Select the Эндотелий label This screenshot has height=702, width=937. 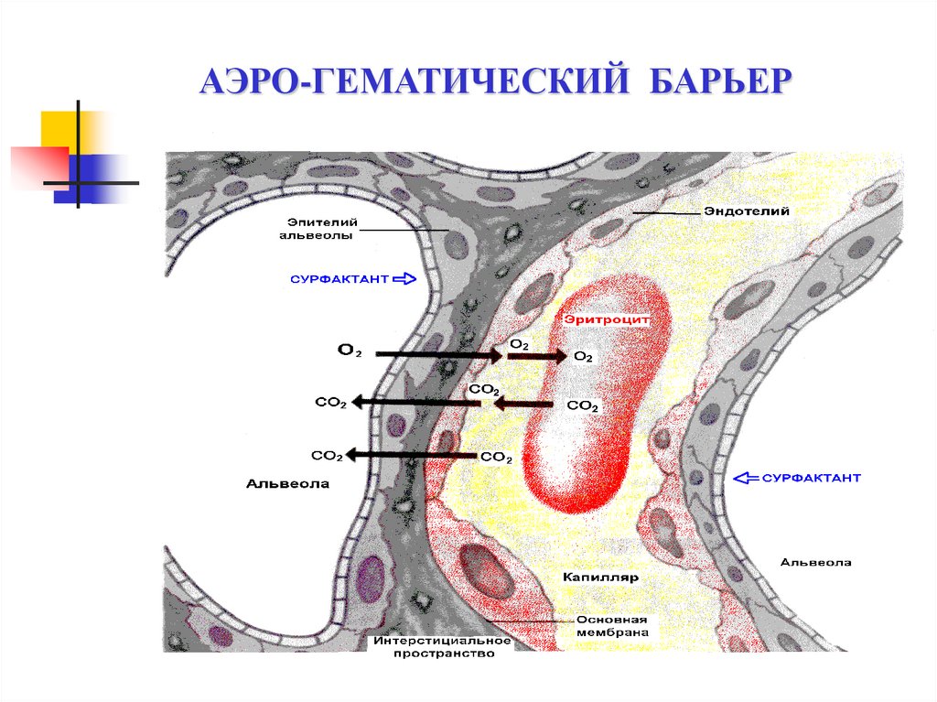(x=746, y=211)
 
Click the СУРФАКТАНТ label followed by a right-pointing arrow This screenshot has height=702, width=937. (x=339, y=277)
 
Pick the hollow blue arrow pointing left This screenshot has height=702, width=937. (x=748, y=478)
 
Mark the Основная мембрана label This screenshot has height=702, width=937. (x=618, y=625)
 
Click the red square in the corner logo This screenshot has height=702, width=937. (x=37, y=166)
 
